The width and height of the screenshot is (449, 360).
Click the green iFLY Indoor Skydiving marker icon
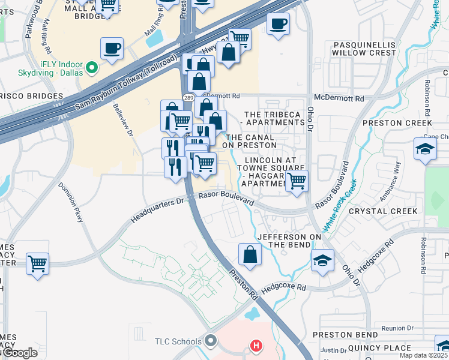click(x=92, y=67)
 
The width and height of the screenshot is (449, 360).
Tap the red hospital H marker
click(x=256, y=346)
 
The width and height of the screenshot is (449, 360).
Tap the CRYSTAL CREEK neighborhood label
click(x=383, y=211)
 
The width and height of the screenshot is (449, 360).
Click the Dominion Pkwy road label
click(x=71, y=203)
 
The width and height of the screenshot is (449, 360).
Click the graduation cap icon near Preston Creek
click(x=424, y=149)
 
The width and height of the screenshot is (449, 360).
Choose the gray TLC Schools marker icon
click(x=210, y=341)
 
